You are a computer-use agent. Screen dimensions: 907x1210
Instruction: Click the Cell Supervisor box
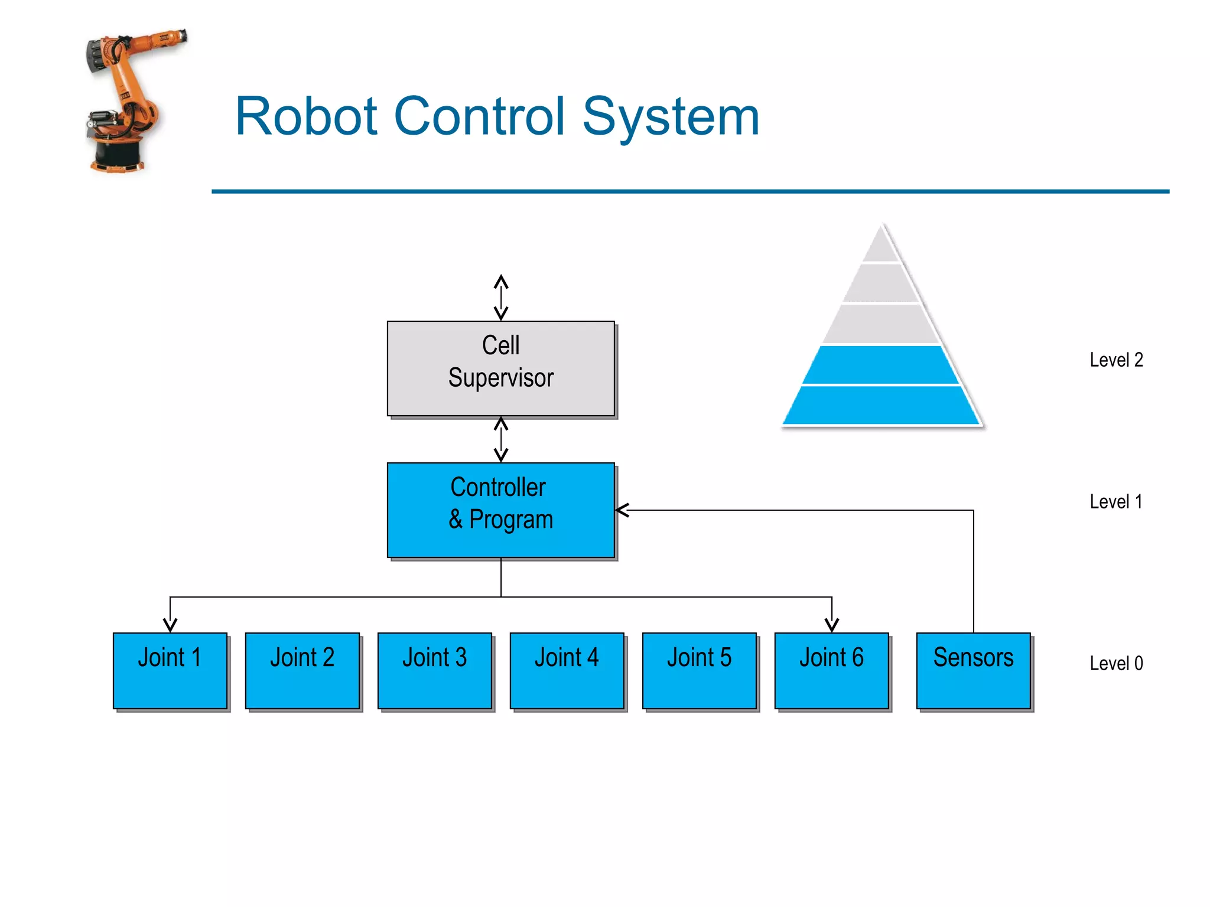point(500,368)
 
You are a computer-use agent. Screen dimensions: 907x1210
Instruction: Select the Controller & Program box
point(500,510)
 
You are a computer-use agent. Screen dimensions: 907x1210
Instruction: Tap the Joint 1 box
point(170,670)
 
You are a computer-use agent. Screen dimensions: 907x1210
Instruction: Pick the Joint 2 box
point(302,670)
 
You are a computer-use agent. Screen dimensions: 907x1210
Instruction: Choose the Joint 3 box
point(435,670)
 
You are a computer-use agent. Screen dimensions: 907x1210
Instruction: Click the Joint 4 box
point(567,670)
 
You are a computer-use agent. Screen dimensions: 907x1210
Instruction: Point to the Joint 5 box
point(700,670)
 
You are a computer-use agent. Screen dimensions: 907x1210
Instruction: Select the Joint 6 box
point(832,670)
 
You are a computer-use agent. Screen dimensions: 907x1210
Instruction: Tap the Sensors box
point(974,670)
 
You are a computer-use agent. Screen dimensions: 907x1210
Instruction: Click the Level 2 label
point(1116,360)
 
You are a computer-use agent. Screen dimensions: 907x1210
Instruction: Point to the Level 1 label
point(1116,501)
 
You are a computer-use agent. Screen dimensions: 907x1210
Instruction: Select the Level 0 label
point(1116,663)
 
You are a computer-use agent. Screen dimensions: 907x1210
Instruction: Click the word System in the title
point(671,117)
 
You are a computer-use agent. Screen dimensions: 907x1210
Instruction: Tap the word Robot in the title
point(306,116)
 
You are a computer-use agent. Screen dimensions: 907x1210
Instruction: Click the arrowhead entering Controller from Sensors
point(622,510)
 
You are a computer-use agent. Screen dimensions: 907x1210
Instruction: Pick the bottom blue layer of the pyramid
point(881,406)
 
